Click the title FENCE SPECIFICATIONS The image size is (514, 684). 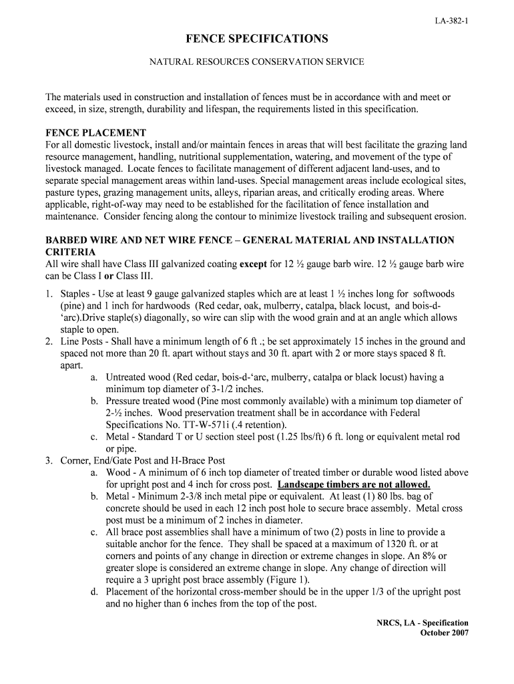tap(256, 39)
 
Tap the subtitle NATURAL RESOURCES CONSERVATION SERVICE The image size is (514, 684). tap(256, 62)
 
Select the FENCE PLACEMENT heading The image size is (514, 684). tap(95, 133)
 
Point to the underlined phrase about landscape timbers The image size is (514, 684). tap(354, 484)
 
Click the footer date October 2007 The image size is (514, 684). tap(444, 633)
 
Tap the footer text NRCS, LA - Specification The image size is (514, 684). tap(423, 623)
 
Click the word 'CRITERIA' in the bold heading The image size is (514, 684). tap(70, 252)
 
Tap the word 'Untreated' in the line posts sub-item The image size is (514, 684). tap(127, 377)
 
